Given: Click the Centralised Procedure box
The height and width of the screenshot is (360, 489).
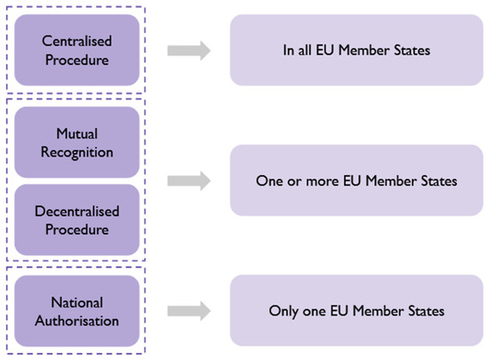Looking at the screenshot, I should [76, 50].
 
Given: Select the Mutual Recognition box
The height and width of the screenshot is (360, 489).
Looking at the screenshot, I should [76, 142].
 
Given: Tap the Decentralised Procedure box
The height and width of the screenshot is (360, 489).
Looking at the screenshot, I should [76, 220].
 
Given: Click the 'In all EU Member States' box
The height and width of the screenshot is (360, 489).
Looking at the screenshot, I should [355, 50].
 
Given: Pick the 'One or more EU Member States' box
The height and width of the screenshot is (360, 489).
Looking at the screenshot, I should [355, 180].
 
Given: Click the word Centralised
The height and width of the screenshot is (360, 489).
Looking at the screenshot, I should [76, 41].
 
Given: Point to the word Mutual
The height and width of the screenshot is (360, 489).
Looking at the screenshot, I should [76, 134].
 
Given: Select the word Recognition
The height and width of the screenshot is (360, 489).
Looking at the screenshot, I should [76, 152].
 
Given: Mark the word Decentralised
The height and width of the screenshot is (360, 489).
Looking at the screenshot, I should [76, 212].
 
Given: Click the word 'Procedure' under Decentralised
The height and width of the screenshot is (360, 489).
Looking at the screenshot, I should [76, 229].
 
